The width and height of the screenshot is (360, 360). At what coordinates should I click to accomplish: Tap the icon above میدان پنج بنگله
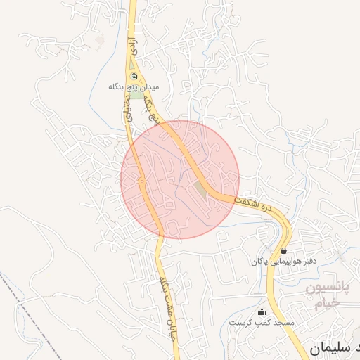[134, 77]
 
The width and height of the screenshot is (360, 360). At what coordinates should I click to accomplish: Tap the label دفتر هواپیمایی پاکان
[283, 261]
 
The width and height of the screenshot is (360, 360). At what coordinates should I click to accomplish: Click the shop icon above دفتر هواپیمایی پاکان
[283, 250]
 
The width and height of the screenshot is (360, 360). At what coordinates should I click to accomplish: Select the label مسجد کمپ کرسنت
[262, 322]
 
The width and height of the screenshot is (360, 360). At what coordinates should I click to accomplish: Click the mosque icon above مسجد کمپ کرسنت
[263, 311]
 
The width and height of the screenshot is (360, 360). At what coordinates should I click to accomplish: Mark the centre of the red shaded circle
[180, 179]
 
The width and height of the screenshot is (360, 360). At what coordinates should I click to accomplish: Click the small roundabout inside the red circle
[141, 181]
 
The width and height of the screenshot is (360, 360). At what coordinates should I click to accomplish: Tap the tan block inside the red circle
[202, 191]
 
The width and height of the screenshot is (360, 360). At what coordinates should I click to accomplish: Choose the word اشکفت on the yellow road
[245, 201]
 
